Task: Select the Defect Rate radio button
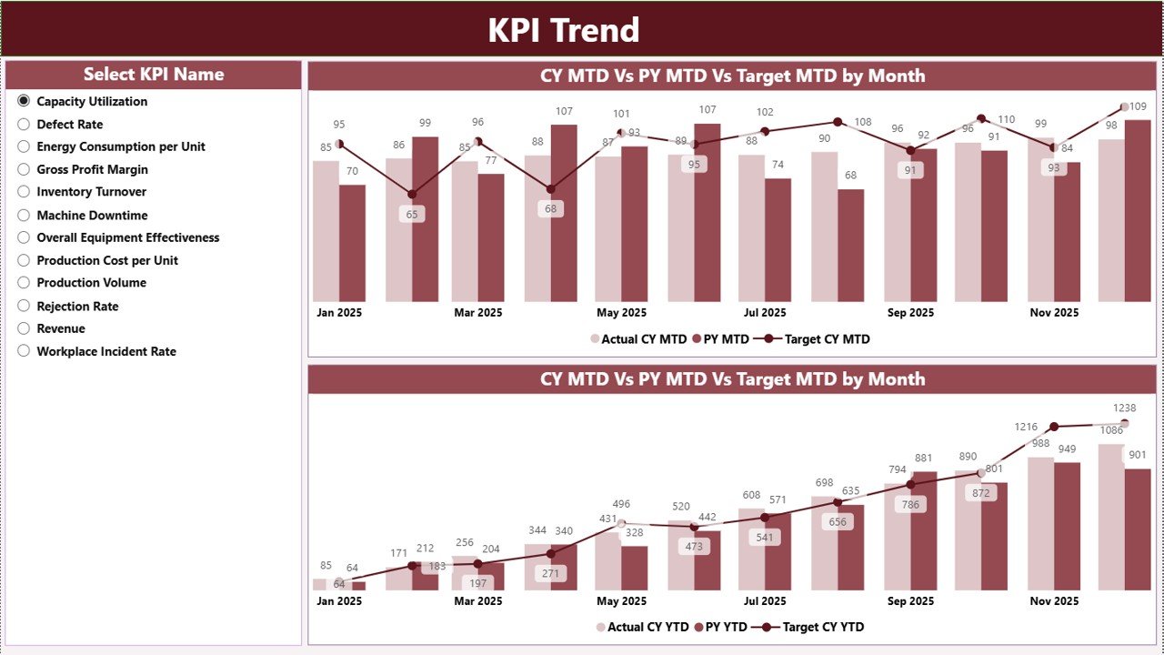pos(24,125)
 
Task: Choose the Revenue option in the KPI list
pos(24,329)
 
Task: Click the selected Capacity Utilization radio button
pos(24,101)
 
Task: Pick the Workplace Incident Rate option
pos(24,352)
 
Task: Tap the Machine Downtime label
pos(92,216)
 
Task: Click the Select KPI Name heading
pos(154,75)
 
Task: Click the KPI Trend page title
pos(564,30)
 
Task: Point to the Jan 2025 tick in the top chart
pos(339,313)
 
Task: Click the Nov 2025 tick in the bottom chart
pos(1054,601)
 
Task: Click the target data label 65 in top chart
pos(412,215)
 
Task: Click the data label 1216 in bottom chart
pos(1026,427)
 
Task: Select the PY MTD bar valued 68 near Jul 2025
pos(850,246)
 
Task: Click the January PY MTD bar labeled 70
pos(353,243)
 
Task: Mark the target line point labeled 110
pos(980,118)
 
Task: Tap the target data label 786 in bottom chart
pos(910,505)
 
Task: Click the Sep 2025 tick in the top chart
pos(910,313)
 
